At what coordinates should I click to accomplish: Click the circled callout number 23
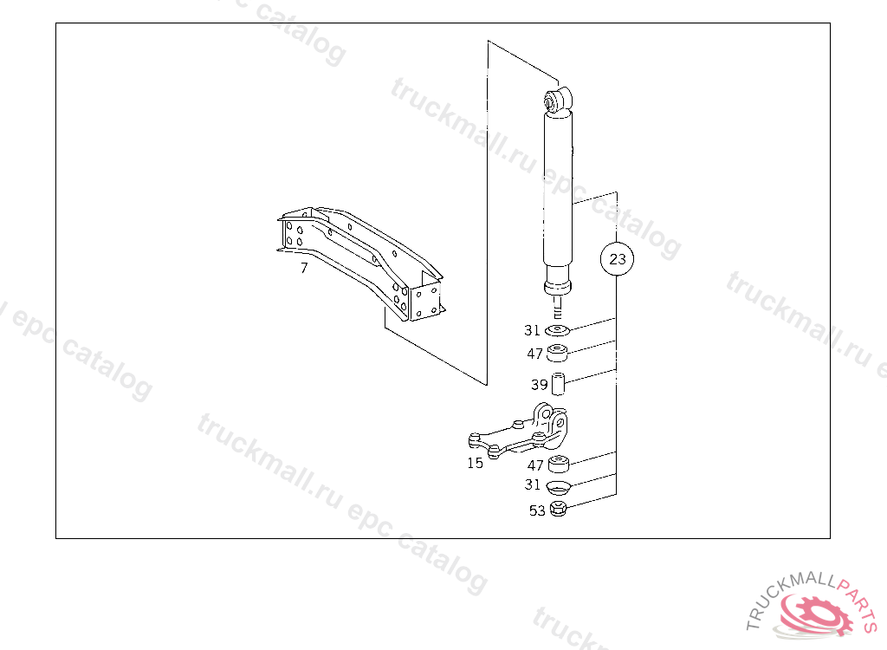point(617,259)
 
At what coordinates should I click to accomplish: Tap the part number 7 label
point(304,268)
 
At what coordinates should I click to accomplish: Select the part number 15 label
point(476,463)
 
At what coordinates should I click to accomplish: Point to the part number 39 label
point(539,385)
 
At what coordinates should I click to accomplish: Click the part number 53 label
point(537,510)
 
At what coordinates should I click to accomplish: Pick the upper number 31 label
point(533,330)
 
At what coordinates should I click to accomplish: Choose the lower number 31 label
point(533,484)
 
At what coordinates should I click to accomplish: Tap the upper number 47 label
point(534,354)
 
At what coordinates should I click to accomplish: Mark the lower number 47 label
point(535,465)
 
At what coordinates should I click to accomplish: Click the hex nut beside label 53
point(558,510)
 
